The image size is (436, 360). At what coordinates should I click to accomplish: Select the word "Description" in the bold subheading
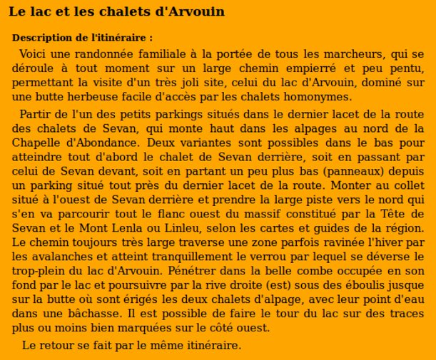41,38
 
